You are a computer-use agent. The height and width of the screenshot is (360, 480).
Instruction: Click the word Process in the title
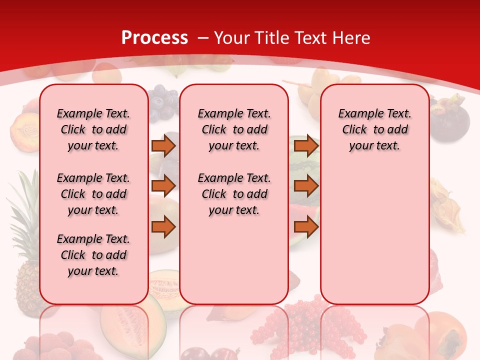tap(154, 37)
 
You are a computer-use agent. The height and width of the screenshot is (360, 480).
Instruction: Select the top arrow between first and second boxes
tap(163, 145)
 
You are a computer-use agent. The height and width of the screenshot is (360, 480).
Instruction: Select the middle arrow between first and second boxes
tap(163, 186)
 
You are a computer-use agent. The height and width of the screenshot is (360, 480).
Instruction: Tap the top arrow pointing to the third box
tap(306, 145)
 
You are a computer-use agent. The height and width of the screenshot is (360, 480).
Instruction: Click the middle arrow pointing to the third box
tap(306, 186)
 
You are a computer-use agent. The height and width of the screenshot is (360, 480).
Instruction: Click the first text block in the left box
tap(93, 129)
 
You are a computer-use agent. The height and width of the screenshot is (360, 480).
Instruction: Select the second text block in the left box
tap(93, 194)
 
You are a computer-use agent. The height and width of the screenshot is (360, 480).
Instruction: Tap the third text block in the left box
tap(93, 255)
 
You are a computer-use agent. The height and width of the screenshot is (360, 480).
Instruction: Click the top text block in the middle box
tap(234, 129)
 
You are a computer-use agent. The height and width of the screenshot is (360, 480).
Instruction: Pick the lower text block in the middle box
tap(234, 194)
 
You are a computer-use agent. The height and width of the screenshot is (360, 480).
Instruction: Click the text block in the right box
tap(374, 129)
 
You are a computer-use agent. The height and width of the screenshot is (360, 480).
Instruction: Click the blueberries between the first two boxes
tap(163, 105)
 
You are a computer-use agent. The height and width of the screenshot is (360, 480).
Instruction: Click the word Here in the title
tap(352, 37)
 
